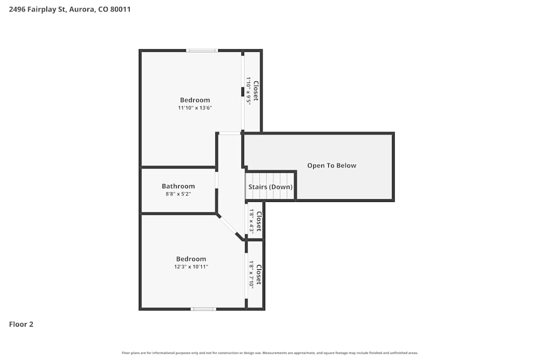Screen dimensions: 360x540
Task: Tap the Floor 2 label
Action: click(x=21, y=324)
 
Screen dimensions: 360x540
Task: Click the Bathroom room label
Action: click(x=178, y=186)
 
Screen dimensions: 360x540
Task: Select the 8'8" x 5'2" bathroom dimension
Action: click(x=178, y=194)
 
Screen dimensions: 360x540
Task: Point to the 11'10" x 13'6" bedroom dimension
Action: click(x=195, y=108)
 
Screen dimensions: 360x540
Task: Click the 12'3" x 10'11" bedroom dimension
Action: click(x=191, y=267)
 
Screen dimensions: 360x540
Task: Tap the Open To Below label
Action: click(x=332, y=166)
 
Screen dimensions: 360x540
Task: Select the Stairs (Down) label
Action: click(x=271, y=187)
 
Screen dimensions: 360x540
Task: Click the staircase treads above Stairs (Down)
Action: click(x=270, y=178)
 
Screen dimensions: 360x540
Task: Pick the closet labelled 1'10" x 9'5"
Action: click(x=252, y=91)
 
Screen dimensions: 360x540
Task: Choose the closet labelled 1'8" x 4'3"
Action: click(x=255, y=221)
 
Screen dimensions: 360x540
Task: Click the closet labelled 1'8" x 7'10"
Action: click(x=255, y=274)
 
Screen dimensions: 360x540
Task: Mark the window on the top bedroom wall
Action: click(x=202, y=51)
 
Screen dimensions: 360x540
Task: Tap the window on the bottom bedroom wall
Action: click(x=203, y=309)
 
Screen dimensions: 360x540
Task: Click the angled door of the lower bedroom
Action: click(x=229, y=227)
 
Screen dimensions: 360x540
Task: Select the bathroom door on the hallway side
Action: click(x=217, y=180)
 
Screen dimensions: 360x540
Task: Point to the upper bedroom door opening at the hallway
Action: click(x=230, y=133)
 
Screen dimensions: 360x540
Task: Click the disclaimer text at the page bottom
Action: click(x=270, y=353)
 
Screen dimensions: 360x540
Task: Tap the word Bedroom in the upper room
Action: click(x=195, y=100)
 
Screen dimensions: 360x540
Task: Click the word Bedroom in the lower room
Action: click(x=191, y=259)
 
